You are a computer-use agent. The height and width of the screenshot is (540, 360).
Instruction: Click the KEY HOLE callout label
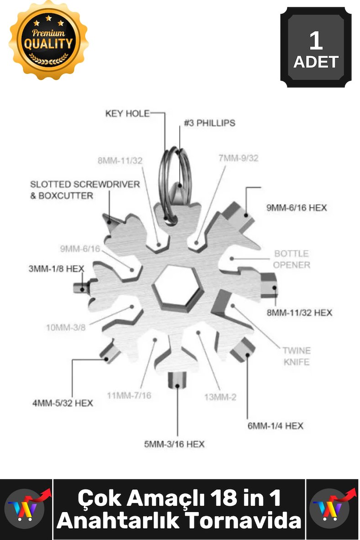(127, 114)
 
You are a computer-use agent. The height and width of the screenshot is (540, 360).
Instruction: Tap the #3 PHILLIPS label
(209, 123)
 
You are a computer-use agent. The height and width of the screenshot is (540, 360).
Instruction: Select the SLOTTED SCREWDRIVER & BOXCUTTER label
(85, 190)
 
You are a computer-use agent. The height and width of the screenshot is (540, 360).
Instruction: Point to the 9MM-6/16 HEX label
(296, 208)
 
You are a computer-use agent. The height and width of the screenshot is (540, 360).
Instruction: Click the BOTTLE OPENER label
(291, 259)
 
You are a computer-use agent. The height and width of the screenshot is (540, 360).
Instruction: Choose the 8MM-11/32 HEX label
(299, 312)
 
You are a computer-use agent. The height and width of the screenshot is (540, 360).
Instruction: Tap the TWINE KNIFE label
(296, 356)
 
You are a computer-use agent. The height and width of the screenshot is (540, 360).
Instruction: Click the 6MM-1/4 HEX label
(275, 426)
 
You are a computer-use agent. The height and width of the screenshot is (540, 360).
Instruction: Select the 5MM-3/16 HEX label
(174, 444)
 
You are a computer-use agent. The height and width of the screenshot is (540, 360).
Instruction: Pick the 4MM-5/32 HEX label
(63, 403)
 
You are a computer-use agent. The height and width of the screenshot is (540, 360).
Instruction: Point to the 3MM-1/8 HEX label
(56, 269)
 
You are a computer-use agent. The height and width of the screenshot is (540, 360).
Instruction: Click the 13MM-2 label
(220, 397)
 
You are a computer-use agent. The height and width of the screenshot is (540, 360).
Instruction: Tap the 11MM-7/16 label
(129, 395)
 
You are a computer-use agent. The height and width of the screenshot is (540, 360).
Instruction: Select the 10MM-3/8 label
(66, 328)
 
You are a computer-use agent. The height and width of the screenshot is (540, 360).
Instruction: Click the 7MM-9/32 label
(238, 158)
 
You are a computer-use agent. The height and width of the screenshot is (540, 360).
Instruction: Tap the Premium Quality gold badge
(48, 41)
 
